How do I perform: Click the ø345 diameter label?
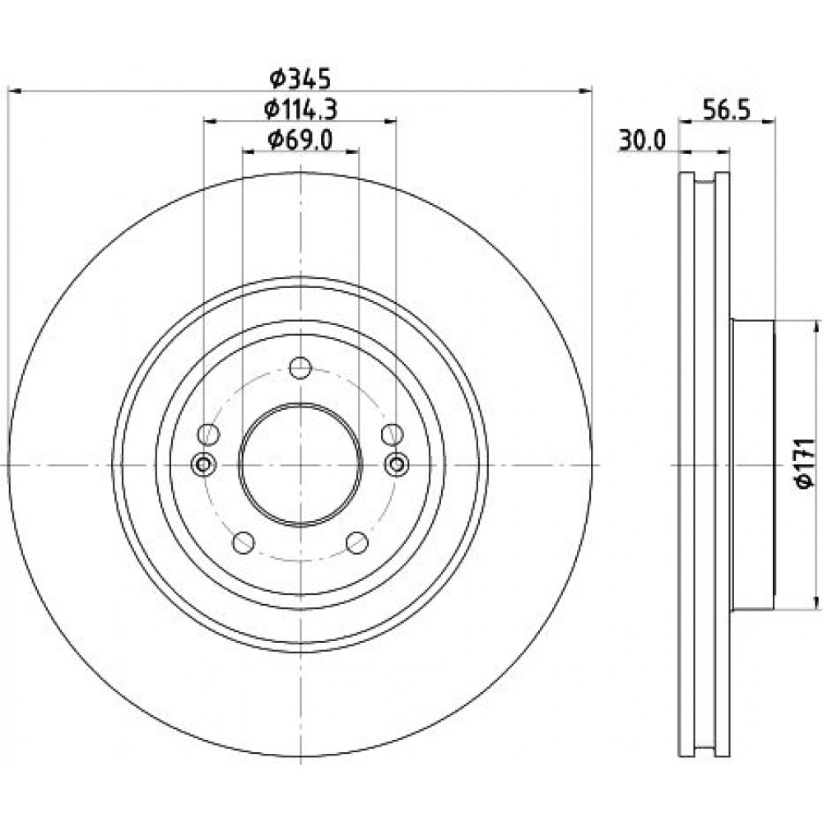coord(300,79)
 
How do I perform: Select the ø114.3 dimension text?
coord(300,109)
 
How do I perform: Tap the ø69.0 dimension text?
coord(300,140)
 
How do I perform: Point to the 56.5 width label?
coord(727,110)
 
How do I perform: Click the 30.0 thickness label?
coord(643,141)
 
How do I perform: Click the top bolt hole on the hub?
coord(300,367)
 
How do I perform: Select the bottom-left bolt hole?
coord(243,542)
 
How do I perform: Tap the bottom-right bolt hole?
coord(357,542)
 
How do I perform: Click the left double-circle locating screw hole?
coord(203,464)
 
